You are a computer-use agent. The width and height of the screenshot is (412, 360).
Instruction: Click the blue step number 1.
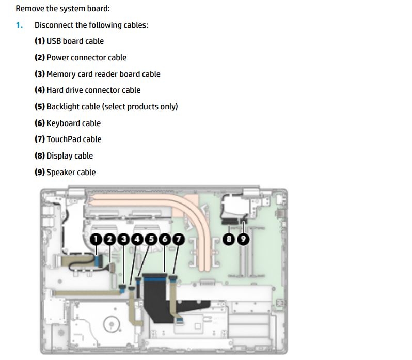click(19, 25)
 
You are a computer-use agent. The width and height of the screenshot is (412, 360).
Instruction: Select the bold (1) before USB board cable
click(40, 41)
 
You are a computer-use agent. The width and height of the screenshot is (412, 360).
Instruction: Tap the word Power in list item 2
click(58, 58)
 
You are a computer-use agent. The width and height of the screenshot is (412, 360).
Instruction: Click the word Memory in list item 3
click(62, 74)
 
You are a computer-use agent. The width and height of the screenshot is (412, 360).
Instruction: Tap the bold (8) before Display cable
click(40, 156)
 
